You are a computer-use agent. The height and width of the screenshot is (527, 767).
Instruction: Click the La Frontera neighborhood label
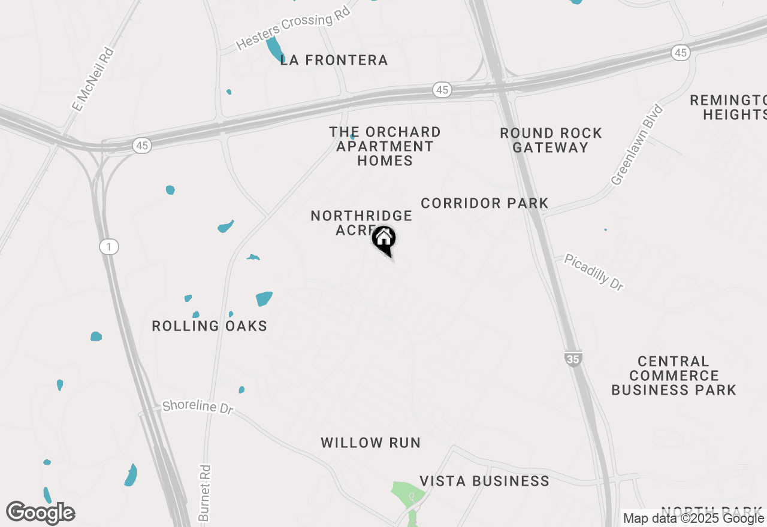[x=334, y=60]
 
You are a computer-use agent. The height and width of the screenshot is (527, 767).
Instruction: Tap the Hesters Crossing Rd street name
[x=292, y=31]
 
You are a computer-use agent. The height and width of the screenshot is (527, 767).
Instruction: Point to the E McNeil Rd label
[x=93, y=80]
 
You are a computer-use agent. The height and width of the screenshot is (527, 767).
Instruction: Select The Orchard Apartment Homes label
[x=385, y=146]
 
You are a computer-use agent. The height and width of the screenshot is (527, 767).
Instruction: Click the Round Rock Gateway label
[x=551, y=140]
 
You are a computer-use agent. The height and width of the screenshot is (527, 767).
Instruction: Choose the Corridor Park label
[x=484, y=204]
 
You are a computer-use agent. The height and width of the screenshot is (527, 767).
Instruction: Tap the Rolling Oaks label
[x=209, y=326]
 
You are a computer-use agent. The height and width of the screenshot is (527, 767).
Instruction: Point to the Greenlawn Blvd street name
[x=637, y=145]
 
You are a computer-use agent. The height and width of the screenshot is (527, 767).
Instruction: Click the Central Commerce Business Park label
[x=674, y=376]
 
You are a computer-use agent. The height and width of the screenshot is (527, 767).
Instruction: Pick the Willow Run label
[x=370, y=443]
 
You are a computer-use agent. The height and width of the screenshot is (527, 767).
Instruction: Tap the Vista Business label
[x=484, y=481]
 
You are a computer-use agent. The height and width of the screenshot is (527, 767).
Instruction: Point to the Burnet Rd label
[x=204, y=493]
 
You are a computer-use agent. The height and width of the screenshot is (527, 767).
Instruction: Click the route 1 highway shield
[x=109, y=247]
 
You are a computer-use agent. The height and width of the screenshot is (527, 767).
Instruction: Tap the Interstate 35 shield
[x=572, y=359]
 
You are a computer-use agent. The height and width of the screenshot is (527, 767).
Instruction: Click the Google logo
[x=40, y=513]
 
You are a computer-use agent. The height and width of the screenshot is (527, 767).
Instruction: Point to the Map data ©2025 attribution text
[x=693, y=519]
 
